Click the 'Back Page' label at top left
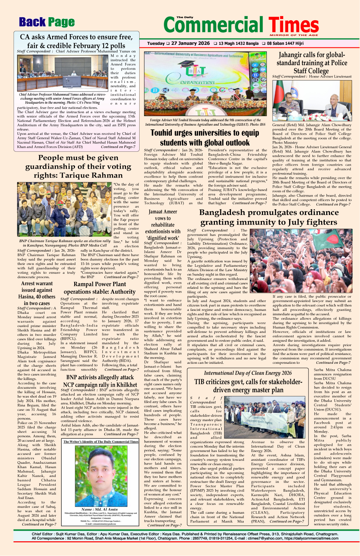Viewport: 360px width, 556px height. pos(47,22)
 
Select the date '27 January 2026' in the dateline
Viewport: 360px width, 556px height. pos(190,43)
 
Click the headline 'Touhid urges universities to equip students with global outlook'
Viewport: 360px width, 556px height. pos(205,138)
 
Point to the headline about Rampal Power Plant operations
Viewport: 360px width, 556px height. pos(100,288)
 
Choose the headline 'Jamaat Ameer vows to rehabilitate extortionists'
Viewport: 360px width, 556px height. pos(163,225)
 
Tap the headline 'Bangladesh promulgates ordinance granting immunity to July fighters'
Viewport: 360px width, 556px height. pos(269,217)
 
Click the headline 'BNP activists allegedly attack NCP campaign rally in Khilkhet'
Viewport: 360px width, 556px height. pos(100,381)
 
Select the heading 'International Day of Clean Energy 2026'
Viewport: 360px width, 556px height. pos(248,373)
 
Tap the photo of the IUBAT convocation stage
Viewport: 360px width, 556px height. pos(205,83)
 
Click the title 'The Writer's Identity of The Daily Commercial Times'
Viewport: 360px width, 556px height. pos(101,441)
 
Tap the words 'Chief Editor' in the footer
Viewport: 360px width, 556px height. pos(42,534)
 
